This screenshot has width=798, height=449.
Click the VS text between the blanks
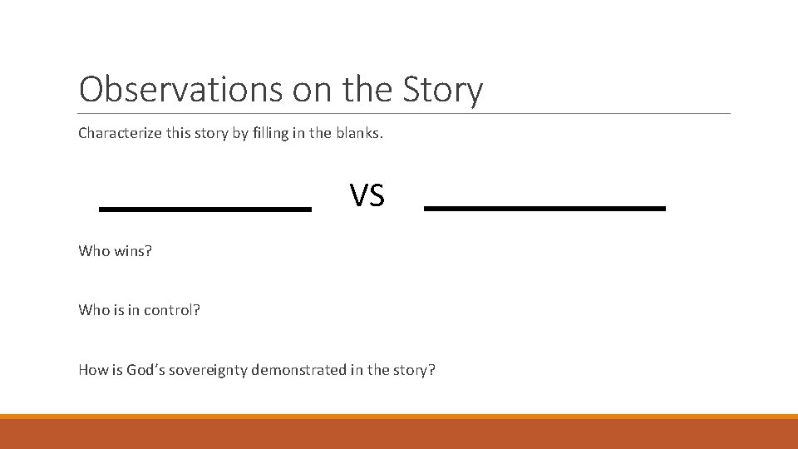367,196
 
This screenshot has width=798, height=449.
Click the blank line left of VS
204,210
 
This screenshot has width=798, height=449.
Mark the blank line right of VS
544,208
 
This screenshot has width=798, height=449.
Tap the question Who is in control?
139,310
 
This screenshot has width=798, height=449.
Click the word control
172,310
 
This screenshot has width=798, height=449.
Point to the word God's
145,370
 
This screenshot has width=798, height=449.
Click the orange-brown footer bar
399,432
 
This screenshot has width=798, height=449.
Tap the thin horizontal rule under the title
404,113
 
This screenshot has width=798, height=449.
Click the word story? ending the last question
413,370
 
